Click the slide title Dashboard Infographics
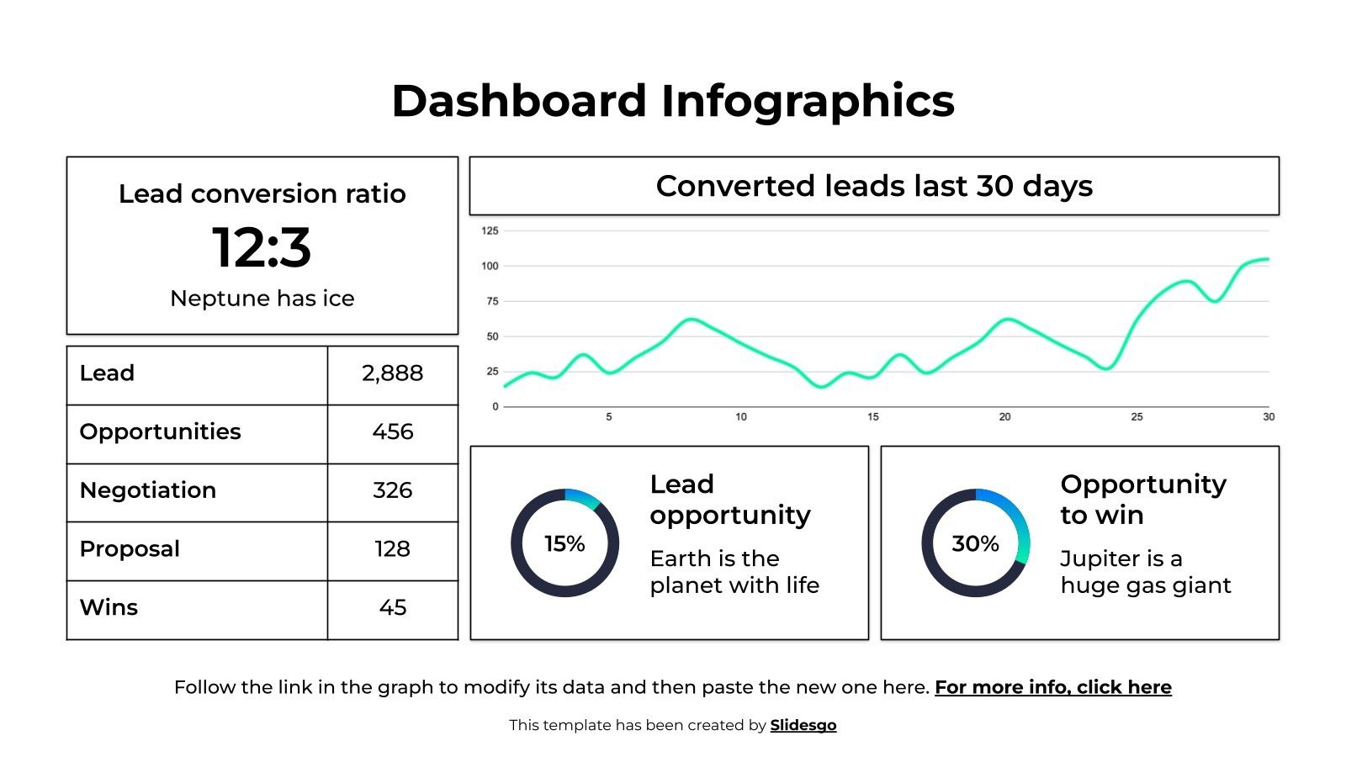[x=673, y=102]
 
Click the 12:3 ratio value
[x=262, y=247]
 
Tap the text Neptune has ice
[x=262, y=299]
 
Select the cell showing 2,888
[x=392, y=373]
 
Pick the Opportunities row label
[x=160, y=431]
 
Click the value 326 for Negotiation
[x=392, y=490]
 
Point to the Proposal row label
[x=130, y=549]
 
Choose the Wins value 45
[x=392, y=607]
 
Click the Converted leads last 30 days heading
[x=874, y=186]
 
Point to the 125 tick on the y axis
[x=490, y=230]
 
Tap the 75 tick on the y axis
[x=492, y=301]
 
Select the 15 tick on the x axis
[x=872, y=416]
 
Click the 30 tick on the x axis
[x=1268, y=416]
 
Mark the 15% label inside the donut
[x=564, y=544]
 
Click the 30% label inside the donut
[x=975, y=544]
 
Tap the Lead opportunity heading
[x=729, y=500]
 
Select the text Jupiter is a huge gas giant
[x=1145, y=572]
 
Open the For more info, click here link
[x=1052, y=687]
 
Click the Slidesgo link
[x=803, y=725]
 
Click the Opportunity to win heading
[x=1142, y=500]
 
